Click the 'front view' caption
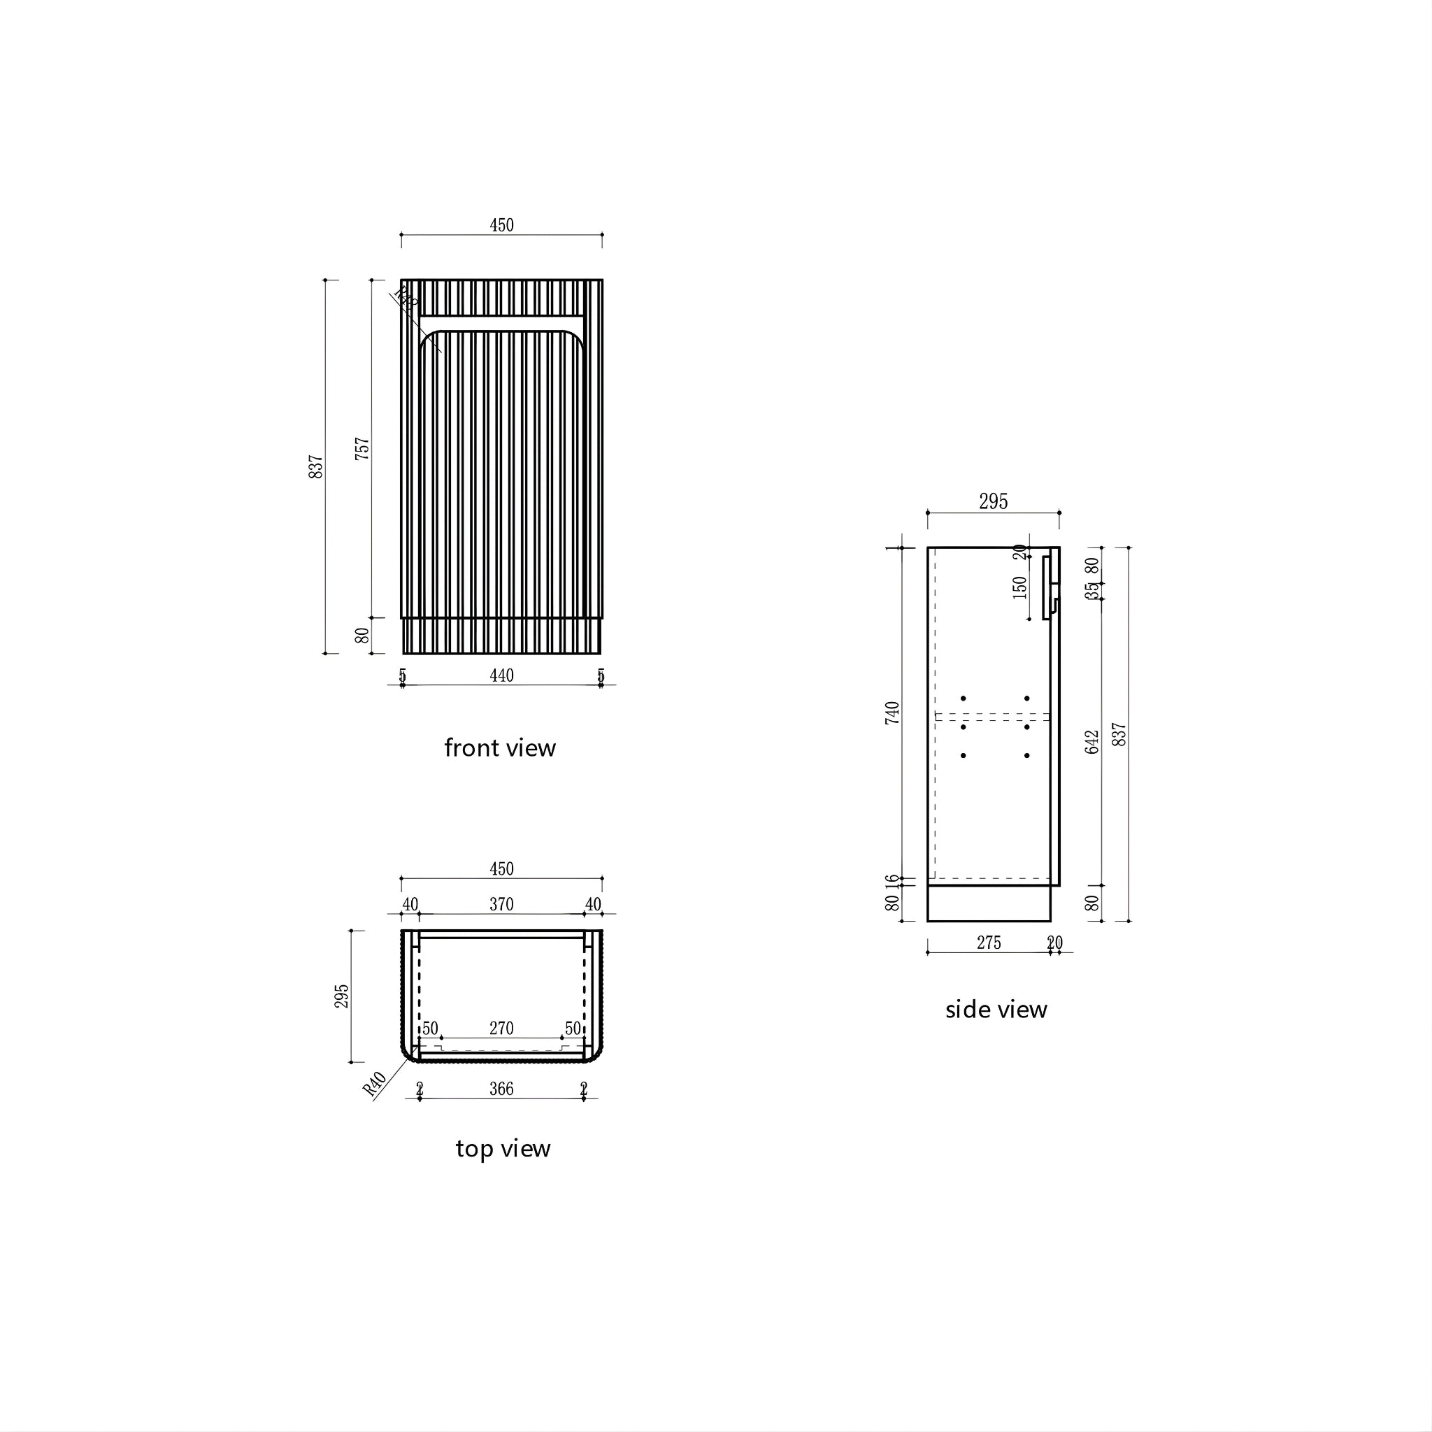[x=499, y=748]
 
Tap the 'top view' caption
[x=503, y=1148]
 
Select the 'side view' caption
[x=996, y=1010]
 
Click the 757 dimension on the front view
[x=361, y=448]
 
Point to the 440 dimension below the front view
[x=501, y=675]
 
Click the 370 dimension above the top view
[x=501, y=904]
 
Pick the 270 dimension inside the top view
[x=501, y=1028]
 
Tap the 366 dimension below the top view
[x=501, y=1089]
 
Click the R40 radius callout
[x=375, y=1084]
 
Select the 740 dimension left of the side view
[x=892, y=713]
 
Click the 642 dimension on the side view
[x=1091, y=742]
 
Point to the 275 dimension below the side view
[x=989, y=943]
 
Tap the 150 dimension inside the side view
[x=1020, y=587]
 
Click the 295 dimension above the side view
[x=993, y=502]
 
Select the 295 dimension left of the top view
[x=341, y=996]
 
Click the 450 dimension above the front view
[x=501, y=225]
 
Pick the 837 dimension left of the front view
[x=316, y=466]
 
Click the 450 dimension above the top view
[x=501, y=868]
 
